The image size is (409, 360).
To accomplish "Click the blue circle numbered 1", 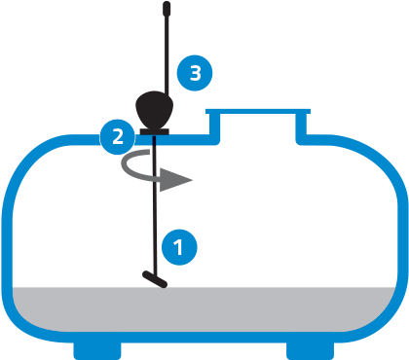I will click(177, 247).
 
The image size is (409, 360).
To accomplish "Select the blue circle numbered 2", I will click(118, 135).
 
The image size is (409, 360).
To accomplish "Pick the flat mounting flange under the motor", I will click(155, 131).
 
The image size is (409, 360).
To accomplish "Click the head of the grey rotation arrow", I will click(180, 179).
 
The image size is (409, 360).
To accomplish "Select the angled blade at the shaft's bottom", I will click(153, 279).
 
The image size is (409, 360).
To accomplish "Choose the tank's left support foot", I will click(97, 348).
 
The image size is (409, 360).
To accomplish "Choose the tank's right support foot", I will click(311, 348).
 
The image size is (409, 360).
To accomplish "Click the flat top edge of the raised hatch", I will click(259, 109).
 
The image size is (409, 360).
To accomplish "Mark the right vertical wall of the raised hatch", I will click(305, 124).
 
